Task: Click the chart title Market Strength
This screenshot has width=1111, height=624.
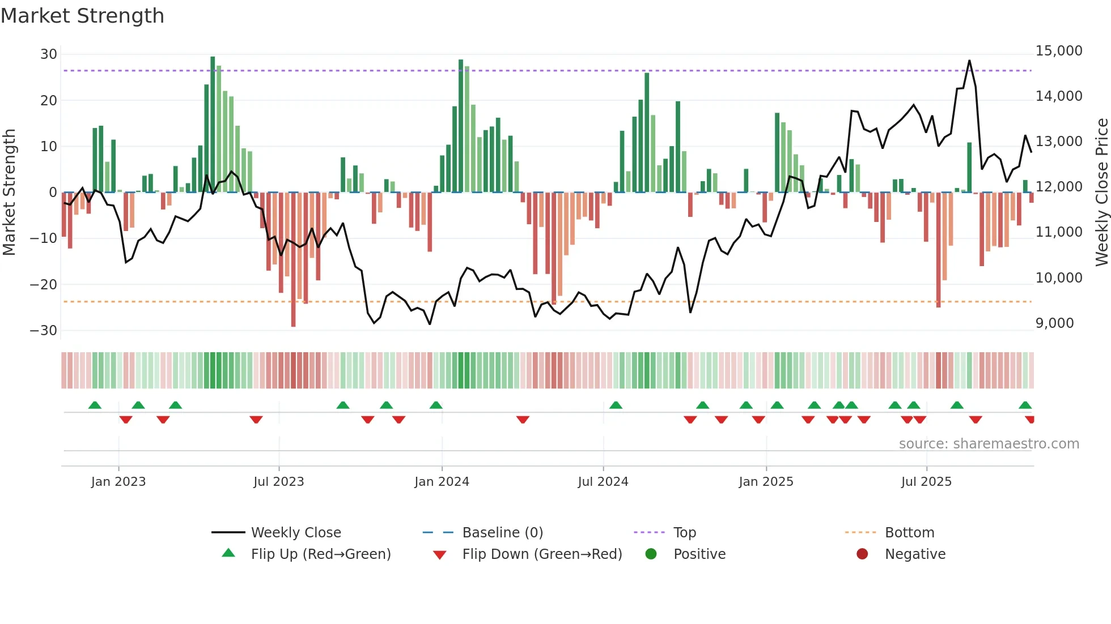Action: point(82,16)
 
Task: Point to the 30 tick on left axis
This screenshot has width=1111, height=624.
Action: point(49,54)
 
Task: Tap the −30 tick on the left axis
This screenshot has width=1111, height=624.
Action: point(44,331)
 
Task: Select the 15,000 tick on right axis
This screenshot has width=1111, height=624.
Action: point(1058,51)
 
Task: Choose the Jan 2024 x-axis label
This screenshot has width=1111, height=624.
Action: point(442,482)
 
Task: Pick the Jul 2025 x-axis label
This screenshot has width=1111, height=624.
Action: point(926,482)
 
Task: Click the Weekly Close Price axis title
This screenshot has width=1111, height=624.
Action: point(1101,193)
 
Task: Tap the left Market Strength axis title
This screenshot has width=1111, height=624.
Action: point(9,193)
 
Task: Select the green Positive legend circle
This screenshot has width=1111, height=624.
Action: point(651,554)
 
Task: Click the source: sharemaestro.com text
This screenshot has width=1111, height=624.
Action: point(989,444)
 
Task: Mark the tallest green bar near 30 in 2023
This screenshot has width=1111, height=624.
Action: point(213,125)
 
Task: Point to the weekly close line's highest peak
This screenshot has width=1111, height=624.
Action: point(969,61)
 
